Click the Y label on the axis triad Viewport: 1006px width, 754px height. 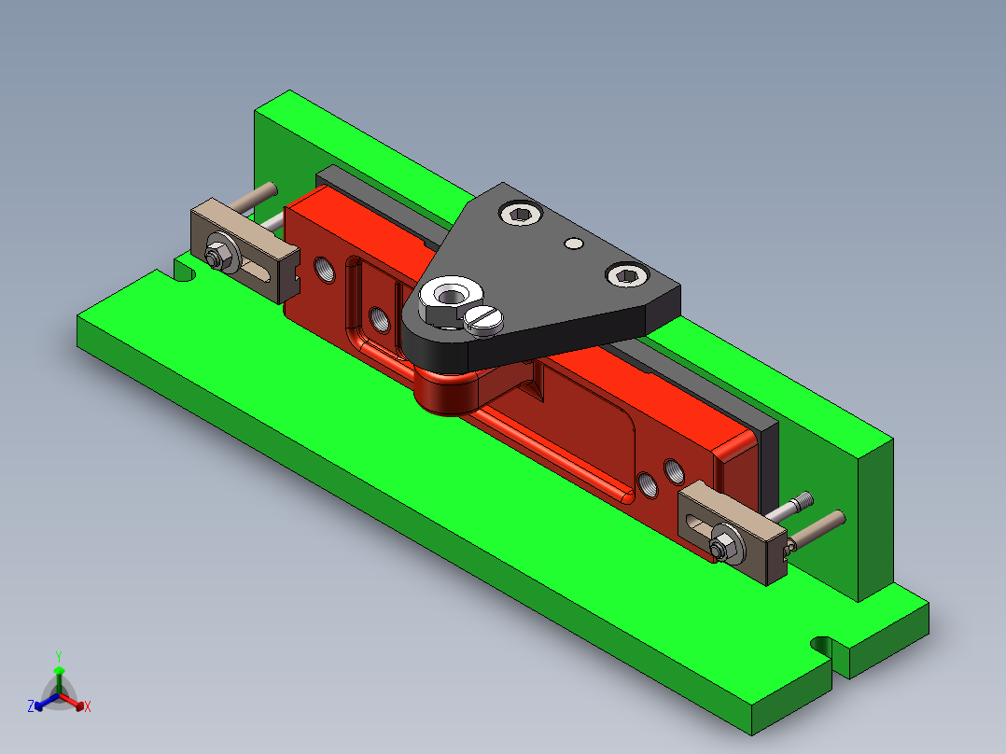[58, 656]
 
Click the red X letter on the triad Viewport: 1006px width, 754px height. [87, 707]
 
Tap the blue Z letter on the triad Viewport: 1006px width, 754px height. [31, 707]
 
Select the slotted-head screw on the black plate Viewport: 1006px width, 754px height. [483, 319]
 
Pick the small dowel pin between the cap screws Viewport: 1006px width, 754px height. [574, 244]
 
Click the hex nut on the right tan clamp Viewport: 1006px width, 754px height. [723, 545]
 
